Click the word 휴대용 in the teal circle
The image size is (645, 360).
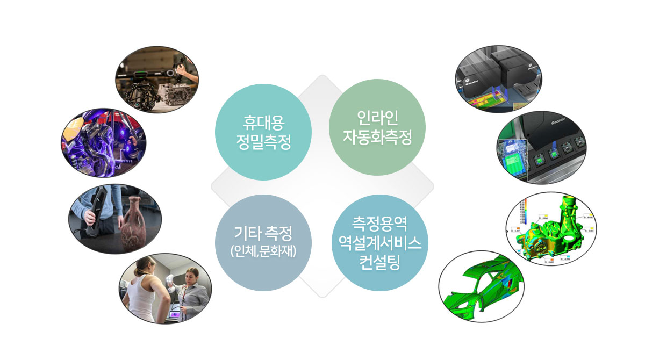coord(263,123)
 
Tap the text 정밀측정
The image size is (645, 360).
coord(263,142)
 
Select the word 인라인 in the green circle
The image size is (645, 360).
coord(377,118)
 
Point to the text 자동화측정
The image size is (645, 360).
coord(377,137)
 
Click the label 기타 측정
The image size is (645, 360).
coord(263,233)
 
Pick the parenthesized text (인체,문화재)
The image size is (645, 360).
coord(263,251)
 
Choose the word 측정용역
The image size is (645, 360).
coord(380,224)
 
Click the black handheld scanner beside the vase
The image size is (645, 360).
coord(95,212)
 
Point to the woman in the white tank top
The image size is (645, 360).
coord(144,289)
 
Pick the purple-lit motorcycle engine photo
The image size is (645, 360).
coord(104,143)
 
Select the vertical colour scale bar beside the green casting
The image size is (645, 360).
coord(524,212)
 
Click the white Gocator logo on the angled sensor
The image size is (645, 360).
coord(558,121)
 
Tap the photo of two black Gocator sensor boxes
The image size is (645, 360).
coord(498,78)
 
